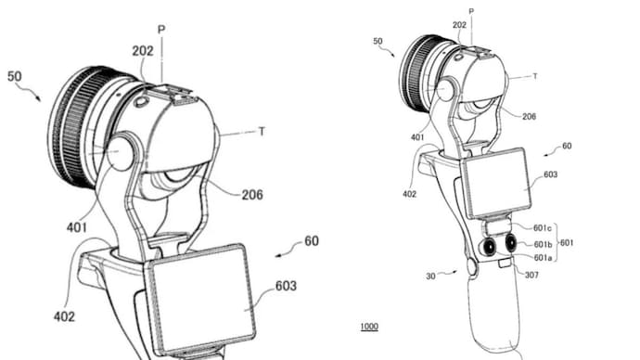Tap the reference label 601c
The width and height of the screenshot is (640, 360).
tap(545, 228)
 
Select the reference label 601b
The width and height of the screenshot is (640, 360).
tap(545, 244)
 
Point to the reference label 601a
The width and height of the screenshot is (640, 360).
tap(545, 258)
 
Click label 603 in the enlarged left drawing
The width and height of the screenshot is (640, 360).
tap(286, 286)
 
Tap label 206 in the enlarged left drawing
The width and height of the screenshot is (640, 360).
tap(250, 195)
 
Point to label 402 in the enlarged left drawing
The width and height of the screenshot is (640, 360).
tap(64, 317)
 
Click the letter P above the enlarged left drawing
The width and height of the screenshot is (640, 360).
tap(160, 30)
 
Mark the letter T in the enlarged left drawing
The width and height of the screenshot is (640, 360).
tap(262, 132)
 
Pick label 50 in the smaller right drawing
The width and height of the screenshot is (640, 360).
tap(378, 42)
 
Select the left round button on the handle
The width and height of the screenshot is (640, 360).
tap(489, 247)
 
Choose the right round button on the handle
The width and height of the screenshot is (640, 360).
tap(510, 245)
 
